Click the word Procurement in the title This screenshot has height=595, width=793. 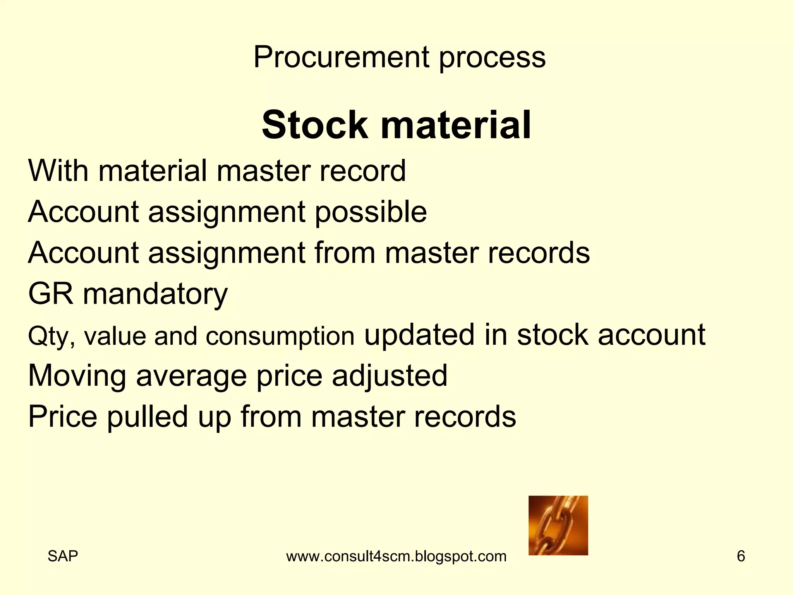click(341, 57)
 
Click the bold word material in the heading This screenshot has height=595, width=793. click(456, 125)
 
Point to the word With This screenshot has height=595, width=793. click(58, 170)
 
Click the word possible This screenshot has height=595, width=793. click(371, 212)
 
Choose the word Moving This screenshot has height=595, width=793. click(77, 376)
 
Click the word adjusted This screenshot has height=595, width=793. click(390, 376)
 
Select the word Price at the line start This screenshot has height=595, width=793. click(63, 416)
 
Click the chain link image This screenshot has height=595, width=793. click(558, 525)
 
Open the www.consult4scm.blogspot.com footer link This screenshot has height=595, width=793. click(396, 556)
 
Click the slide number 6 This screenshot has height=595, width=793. click(741, 556)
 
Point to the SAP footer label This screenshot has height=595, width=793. click(63, 556)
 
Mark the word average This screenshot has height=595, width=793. click(191, 376)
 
